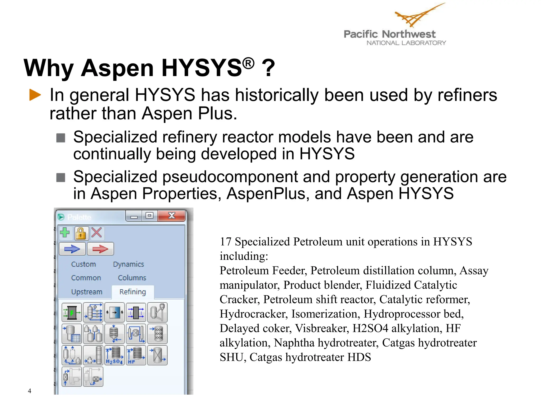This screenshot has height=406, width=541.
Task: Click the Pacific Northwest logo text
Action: pos(389,34)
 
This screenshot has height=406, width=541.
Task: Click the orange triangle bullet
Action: pos(35,95)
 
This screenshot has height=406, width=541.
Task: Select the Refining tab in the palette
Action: pos(133,292)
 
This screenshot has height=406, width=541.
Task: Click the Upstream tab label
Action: pos(87,292)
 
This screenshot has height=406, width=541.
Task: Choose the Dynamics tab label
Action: pos(128,264)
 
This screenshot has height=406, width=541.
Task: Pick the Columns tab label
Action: pos(132,278)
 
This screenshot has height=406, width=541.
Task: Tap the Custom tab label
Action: pos(83,264)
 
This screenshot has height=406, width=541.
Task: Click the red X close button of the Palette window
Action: pos(172,216)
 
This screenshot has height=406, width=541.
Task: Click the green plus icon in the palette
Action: pos(65,233)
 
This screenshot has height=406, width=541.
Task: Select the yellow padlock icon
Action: pos(81,233)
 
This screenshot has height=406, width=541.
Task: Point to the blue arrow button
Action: pos(72,249)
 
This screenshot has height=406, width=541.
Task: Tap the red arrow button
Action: pos(100,249)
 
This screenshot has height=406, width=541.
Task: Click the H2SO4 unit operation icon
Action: pos(114,355)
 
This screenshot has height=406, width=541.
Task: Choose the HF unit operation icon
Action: pos(136,355)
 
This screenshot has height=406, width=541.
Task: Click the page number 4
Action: pos(30,391)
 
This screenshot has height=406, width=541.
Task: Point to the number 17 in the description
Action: pos(226,242)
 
